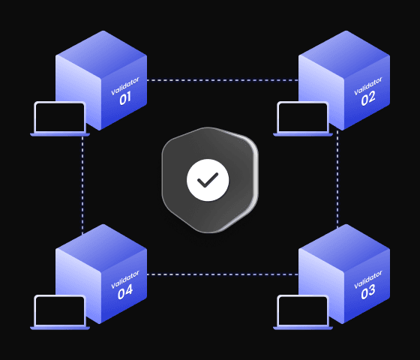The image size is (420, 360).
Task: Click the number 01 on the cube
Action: (125, 98)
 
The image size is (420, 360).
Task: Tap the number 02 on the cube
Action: (368, 98)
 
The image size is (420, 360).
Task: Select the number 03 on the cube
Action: (368, 292)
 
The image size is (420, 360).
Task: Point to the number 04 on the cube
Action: (125, 292)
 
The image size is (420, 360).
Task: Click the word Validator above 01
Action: (125, 86)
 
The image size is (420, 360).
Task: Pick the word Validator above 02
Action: (368, 86)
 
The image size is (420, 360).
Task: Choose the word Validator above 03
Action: (368, 279)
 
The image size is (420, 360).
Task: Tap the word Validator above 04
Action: (125, 279)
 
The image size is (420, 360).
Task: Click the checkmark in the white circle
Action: (208, 180)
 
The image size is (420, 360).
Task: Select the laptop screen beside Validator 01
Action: (60, 117)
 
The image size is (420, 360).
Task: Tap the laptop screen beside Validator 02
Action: (303, 117)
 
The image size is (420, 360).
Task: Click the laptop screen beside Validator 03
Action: (303, 310)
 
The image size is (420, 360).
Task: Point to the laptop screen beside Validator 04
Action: (60, 310)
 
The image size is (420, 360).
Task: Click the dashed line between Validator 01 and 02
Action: (223, 80)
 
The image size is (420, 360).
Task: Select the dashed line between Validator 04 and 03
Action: (223, 274)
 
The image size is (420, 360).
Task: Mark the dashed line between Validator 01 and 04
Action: (82, 184)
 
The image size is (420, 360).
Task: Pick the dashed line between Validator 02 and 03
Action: (337, 179)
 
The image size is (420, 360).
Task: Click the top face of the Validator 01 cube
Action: (101, 54)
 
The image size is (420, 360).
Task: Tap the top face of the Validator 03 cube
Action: (344, 247)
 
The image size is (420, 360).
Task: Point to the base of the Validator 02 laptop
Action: (303, 134)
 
